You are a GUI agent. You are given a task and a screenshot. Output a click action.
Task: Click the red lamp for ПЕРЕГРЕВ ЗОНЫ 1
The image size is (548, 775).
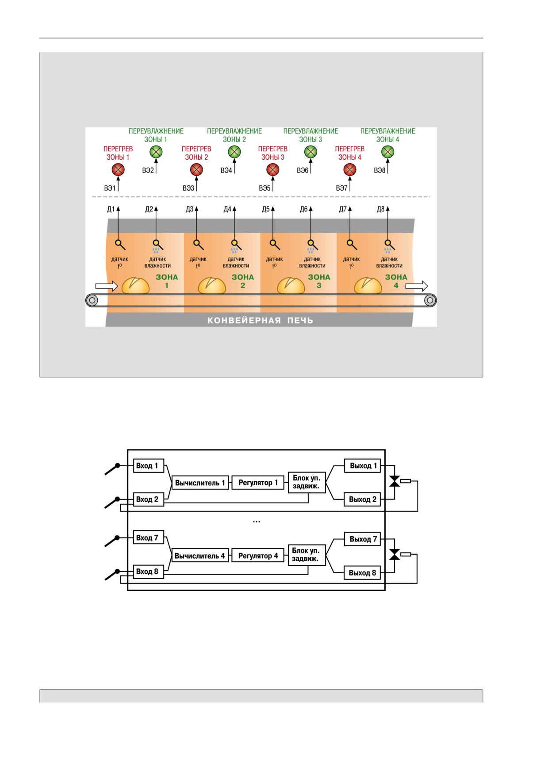(x=118, y=170)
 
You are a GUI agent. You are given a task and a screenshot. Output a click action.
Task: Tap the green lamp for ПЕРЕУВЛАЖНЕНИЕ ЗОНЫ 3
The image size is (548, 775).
(x=311, y=152)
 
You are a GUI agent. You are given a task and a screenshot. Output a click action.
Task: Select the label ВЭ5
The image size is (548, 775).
(x=264, y=188)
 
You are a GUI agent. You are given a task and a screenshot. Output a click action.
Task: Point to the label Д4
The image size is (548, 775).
(x=227, y=209)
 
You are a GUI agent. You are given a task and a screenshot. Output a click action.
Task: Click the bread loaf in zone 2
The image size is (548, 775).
(x=212, y=285)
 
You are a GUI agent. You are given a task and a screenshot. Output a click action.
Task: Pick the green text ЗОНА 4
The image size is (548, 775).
(x=396, y=281)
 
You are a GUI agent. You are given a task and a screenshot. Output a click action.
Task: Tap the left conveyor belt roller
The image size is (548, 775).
(x=92, y=301)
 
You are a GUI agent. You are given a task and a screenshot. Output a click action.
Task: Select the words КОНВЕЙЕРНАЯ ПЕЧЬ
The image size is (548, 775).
(x=261, y=320)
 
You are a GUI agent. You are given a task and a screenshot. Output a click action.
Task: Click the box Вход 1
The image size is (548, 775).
(x=149, y=466)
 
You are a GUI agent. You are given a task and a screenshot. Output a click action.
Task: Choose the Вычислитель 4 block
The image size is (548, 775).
(x=200, y=556)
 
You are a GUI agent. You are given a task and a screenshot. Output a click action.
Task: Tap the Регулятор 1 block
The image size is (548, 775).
(x=258, y=483)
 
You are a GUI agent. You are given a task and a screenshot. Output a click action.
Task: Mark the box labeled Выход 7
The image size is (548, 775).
(x=363, y=539)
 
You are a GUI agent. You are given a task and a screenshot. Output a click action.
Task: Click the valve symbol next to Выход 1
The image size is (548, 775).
(x=395, y=481)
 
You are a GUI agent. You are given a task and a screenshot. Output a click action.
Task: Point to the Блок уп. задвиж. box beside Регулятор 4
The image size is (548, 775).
(x=307, y=555)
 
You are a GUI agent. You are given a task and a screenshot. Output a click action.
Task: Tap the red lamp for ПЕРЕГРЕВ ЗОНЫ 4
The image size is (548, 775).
(x=350, y=170)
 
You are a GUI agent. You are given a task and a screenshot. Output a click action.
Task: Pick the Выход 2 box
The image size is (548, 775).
(x=363, y=499)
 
